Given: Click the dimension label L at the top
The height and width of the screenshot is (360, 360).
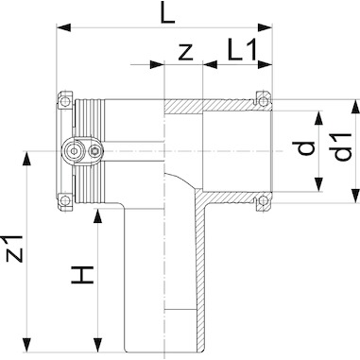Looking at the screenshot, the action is coord(167,12).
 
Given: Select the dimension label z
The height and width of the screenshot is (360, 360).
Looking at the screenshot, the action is coord(185,52).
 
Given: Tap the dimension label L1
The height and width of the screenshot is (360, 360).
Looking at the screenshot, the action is coord(243,49).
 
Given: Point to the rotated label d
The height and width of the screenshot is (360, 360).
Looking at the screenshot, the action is coord(304,149).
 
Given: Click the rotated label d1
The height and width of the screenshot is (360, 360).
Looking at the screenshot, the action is coord(342,147).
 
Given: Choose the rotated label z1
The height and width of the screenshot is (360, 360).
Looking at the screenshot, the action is coord(15,249).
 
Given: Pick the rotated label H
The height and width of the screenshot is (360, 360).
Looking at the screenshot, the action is coord(82,275).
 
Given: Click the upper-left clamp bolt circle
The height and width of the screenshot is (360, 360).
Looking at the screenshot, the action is coord(65,102).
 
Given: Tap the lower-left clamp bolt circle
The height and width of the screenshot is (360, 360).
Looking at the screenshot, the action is coord(65,199).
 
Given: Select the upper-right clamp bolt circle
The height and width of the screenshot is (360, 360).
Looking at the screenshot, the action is coord(264,101).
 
